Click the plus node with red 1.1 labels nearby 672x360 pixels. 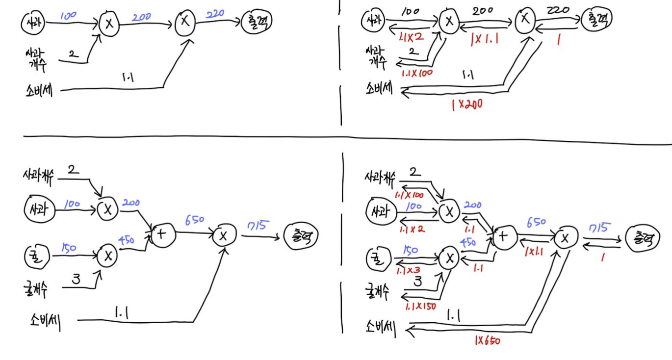(502, 237)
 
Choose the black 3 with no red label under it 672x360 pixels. (76, 280)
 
